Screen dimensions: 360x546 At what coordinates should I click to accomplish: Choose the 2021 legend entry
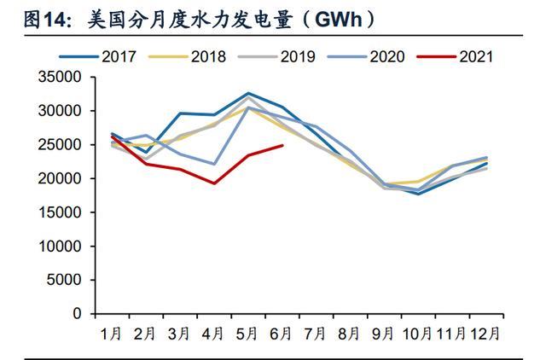(x=478, y=57)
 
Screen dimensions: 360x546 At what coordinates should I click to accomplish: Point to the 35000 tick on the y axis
(x=57, y=78)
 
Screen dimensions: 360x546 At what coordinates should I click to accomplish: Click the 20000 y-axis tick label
(x=57, y=179)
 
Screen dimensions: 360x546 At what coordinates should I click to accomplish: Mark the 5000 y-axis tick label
(x=61, y=281)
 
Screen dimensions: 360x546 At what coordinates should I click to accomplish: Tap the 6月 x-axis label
(x=282, y=334)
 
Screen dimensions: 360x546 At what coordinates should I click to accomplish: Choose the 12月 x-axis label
(x=487, y=334)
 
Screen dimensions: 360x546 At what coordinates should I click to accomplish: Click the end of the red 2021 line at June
(x=282, y=145)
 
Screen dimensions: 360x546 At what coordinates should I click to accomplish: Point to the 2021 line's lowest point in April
(x=214, y=183)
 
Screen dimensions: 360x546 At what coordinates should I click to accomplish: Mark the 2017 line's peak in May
(x=248, y=93)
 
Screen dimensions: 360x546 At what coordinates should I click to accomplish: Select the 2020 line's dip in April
(x=214, y=164)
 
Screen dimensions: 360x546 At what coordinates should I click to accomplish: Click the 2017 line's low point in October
(x=419, y=194)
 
